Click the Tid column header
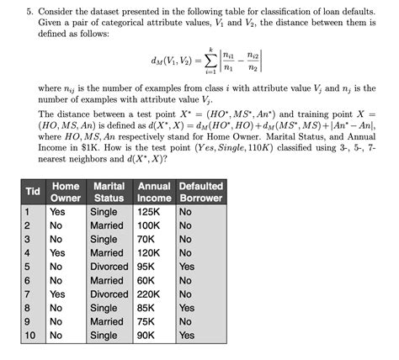click(x=33, y=192)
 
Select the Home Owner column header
click(x=66, y=192)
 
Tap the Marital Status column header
click(x=109, y=192)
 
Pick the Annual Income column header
click(x=154, y=192)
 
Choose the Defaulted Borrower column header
click(x=201, y=192)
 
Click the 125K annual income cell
click(x=149, y=212)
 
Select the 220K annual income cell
click(x=152, y=294)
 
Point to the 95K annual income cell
click(x=147, y=267)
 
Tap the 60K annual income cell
click(x=147, y=281)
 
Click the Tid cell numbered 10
click(x=29, y=336)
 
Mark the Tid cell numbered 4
click(x=27, y=253)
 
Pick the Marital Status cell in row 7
click(x=109, y=294)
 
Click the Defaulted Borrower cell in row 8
click(x=187, y=308)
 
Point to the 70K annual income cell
click(x=147, y=240)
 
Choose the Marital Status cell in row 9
click(x=107, y=321)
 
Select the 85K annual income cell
click(x=147, y=308)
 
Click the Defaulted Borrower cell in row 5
click(x=187, y=267)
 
